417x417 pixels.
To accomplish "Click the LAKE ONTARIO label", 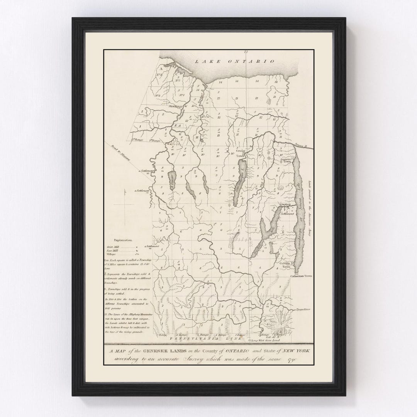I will (234, 61).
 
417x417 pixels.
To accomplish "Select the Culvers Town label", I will (286, 265).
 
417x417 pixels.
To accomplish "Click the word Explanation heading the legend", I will (120, 240).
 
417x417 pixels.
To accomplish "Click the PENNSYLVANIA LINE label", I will (202, 338).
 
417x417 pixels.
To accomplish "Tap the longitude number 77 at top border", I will (245, 52).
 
